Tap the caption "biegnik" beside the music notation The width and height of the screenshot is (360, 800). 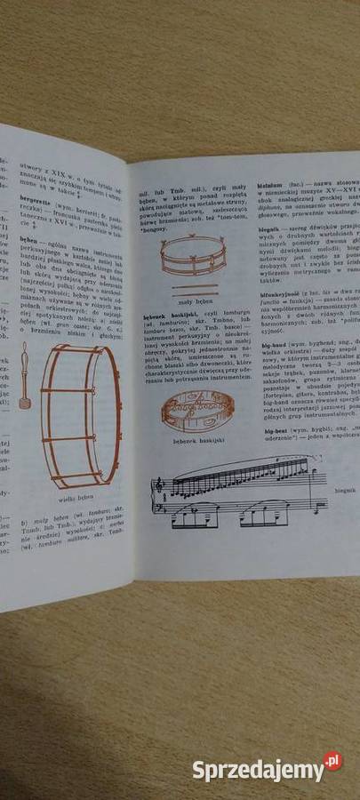coord(342,513)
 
